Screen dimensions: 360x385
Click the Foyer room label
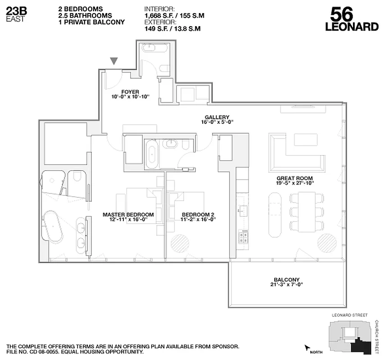pos(130,92)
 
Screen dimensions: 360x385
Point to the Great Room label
pos(294,178)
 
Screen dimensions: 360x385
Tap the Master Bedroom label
pos(128,215)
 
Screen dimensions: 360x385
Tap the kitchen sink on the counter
pos(242,210)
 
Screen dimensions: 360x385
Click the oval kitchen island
pos(275,215)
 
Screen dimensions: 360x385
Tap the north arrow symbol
pos(308,347)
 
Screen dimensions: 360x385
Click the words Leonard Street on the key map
pos(349,315)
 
